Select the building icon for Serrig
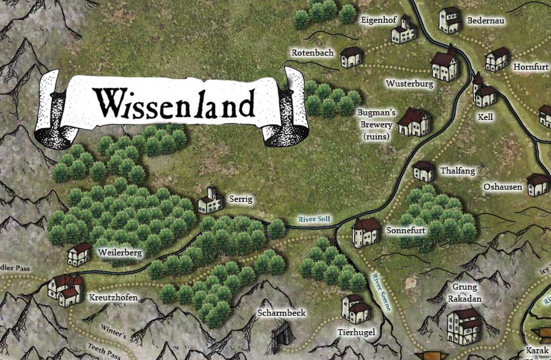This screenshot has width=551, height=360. coord(210,200)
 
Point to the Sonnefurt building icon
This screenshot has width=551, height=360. coord(365,232)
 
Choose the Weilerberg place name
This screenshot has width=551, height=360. coord(120,253)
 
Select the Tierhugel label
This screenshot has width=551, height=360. coord(356,333)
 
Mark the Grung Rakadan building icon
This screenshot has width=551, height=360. coord(465,323)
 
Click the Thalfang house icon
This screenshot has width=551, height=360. coord(424,171)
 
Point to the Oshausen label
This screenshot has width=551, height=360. coord(503,188)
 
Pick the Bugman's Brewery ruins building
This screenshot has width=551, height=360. coord(414,122)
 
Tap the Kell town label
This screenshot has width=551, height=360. coord(485,117)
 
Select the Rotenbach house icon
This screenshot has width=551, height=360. coord(352,57)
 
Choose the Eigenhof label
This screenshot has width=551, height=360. coord(376,20)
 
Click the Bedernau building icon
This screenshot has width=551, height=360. coord(450,20)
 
